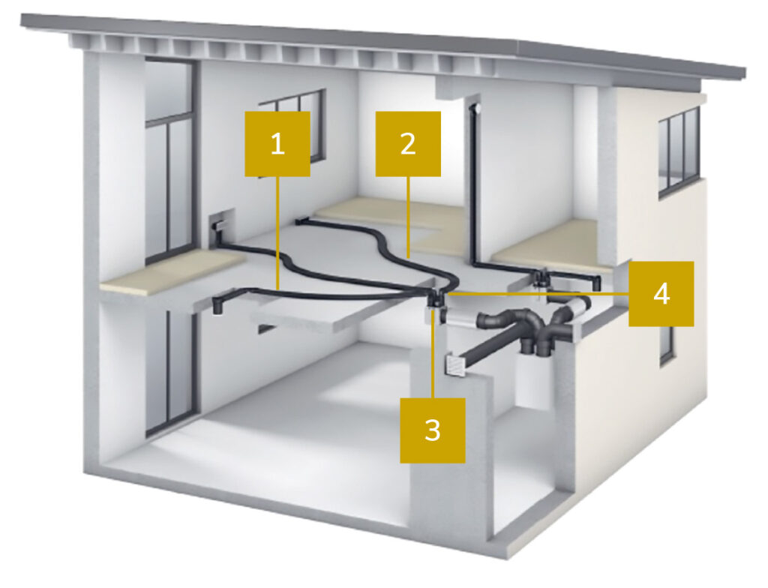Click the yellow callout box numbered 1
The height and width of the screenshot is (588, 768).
(277, 143)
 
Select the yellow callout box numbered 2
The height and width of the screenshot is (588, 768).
(408, 143)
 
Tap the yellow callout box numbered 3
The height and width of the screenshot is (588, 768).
(433, 430)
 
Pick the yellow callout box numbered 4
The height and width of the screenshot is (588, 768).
(661, 293)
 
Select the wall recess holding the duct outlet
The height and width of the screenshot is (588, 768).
(221, 226)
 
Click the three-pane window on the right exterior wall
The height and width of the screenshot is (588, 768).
(679, 151)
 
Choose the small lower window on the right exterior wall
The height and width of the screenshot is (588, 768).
(667, 345)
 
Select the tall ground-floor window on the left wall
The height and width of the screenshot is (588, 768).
(172, 373)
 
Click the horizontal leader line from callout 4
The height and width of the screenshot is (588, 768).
(538, 294)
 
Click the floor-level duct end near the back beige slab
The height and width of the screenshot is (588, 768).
(301, 222)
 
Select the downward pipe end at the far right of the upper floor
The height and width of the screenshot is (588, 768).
(596, 282)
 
